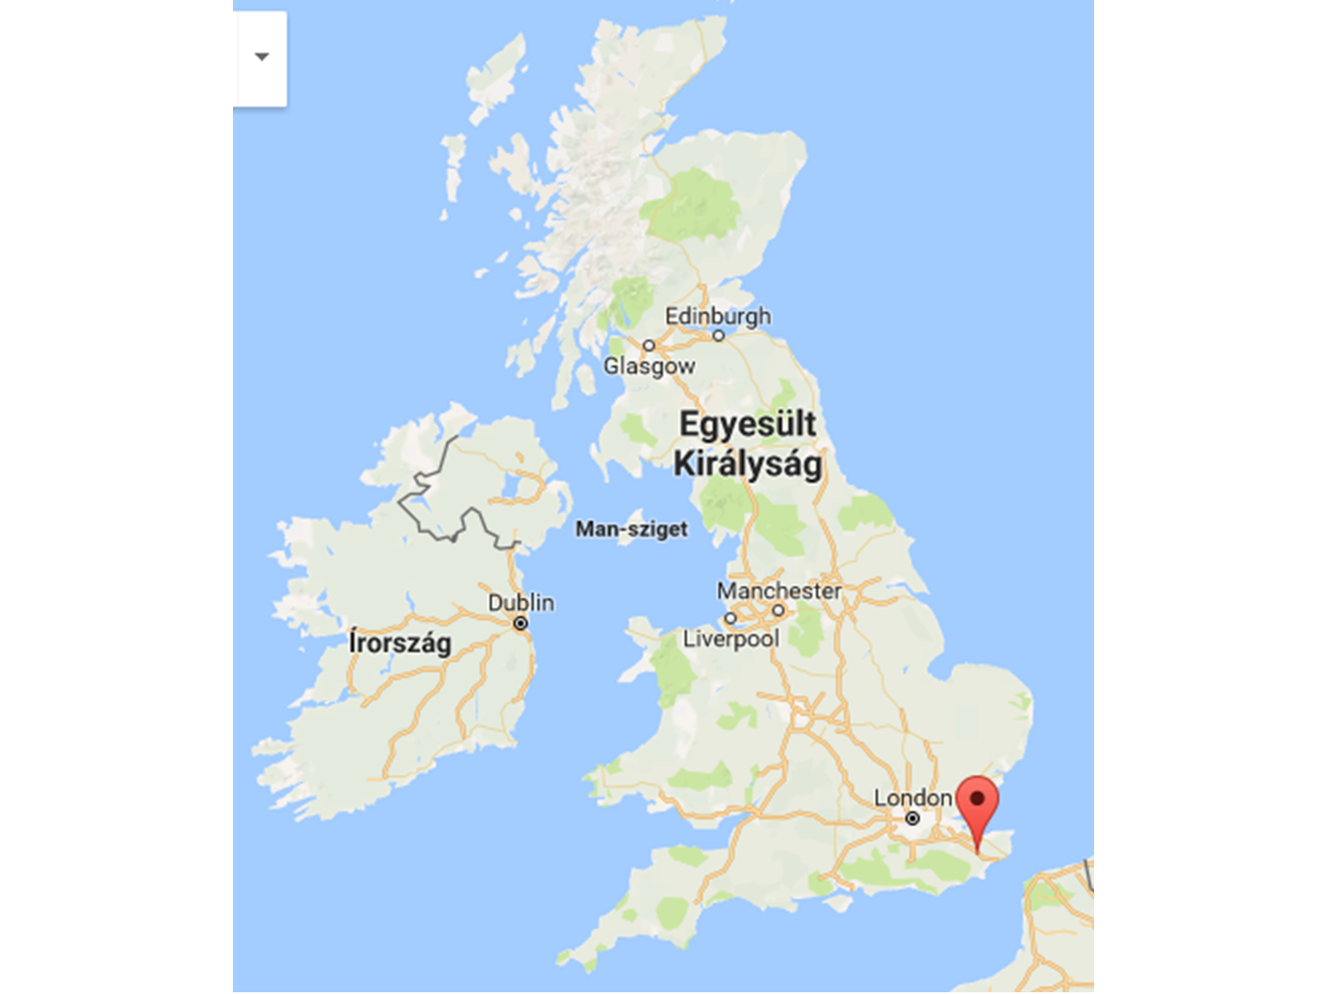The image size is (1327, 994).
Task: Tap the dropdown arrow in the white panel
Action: click(261, 56)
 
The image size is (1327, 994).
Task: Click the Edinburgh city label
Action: click(717, 316)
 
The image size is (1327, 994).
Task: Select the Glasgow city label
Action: click(649, 365)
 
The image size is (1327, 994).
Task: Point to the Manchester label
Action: click(779, 590)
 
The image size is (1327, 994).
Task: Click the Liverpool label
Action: click(731, 638)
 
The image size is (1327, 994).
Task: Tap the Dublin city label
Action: click(521, 602)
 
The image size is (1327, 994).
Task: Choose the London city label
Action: click(912, 798)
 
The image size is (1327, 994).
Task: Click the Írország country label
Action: click(400, 642)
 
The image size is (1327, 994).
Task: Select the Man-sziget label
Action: click(631, 529)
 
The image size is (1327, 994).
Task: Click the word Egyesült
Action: click(747, 424)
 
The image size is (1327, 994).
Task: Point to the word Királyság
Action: click(747, 464)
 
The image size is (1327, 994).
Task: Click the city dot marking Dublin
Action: click(521, 624)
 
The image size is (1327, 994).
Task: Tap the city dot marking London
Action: click(912, 818)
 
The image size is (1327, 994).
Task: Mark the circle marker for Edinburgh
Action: click(718, 336)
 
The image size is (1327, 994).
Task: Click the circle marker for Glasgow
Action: click(649, 346)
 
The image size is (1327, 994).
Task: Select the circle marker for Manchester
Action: click(778, 610)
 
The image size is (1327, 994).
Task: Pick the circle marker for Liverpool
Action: click(730, 618)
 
